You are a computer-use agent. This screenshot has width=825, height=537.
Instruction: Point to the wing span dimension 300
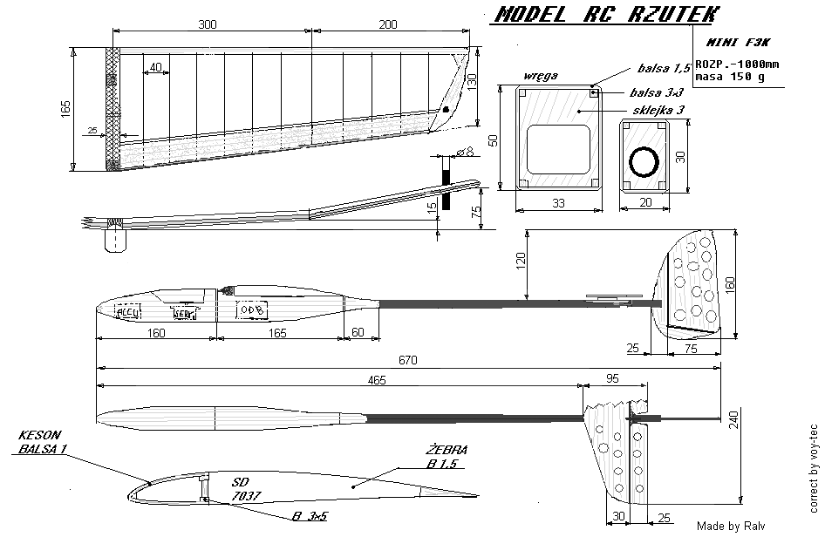(208, 24)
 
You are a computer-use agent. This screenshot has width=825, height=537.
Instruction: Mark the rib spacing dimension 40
(154, 67)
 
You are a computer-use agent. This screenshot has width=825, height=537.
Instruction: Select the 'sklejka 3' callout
(661, 111)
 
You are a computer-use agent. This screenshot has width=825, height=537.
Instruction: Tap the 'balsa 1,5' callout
(665, 67)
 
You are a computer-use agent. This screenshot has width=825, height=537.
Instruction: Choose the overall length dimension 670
(408, 359)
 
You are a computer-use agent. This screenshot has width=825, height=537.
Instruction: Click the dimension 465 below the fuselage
(377, 381)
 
